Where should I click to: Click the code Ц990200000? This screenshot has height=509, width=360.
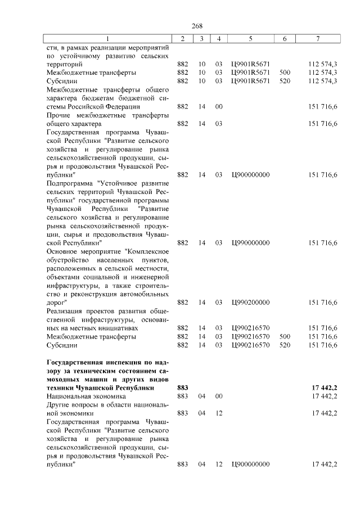pos(250,302)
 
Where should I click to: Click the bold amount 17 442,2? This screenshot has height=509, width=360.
pos(324,388)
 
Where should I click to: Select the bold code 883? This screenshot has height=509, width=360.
pos(182,388)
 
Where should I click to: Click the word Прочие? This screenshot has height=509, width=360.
pos(58,115)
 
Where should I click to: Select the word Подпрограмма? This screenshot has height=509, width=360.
pos(70,183)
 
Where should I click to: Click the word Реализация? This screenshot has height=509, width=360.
pos(65,310)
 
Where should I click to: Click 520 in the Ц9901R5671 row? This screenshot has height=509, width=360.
pos(285,81)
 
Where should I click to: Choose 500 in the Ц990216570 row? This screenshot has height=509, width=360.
pos(285,336)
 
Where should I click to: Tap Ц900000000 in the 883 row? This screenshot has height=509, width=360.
pos(250,465)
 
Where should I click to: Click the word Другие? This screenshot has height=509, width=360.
pos(60,405)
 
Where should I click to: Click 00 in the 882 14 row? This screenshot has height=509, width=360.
pos(219,106)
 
